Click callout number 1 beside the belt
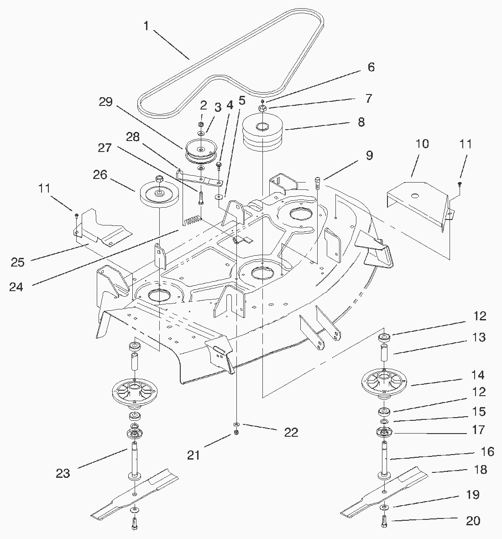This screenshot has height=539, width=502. tap(146, 26)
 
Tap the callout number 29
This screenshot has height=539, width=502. tap(106, 102)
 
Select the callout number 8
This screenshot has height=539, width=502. tap(361, 122)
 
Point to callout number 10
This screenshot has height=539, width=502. tap(422, 144)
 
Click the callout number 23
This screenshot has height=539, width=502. tap(63, 473)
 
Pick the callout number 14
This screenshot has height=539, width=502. tap(478, 375)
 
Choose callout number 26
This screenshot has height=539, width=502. tap(100, 175)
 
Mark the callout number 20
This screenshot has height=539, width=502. tap(473, 521)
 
